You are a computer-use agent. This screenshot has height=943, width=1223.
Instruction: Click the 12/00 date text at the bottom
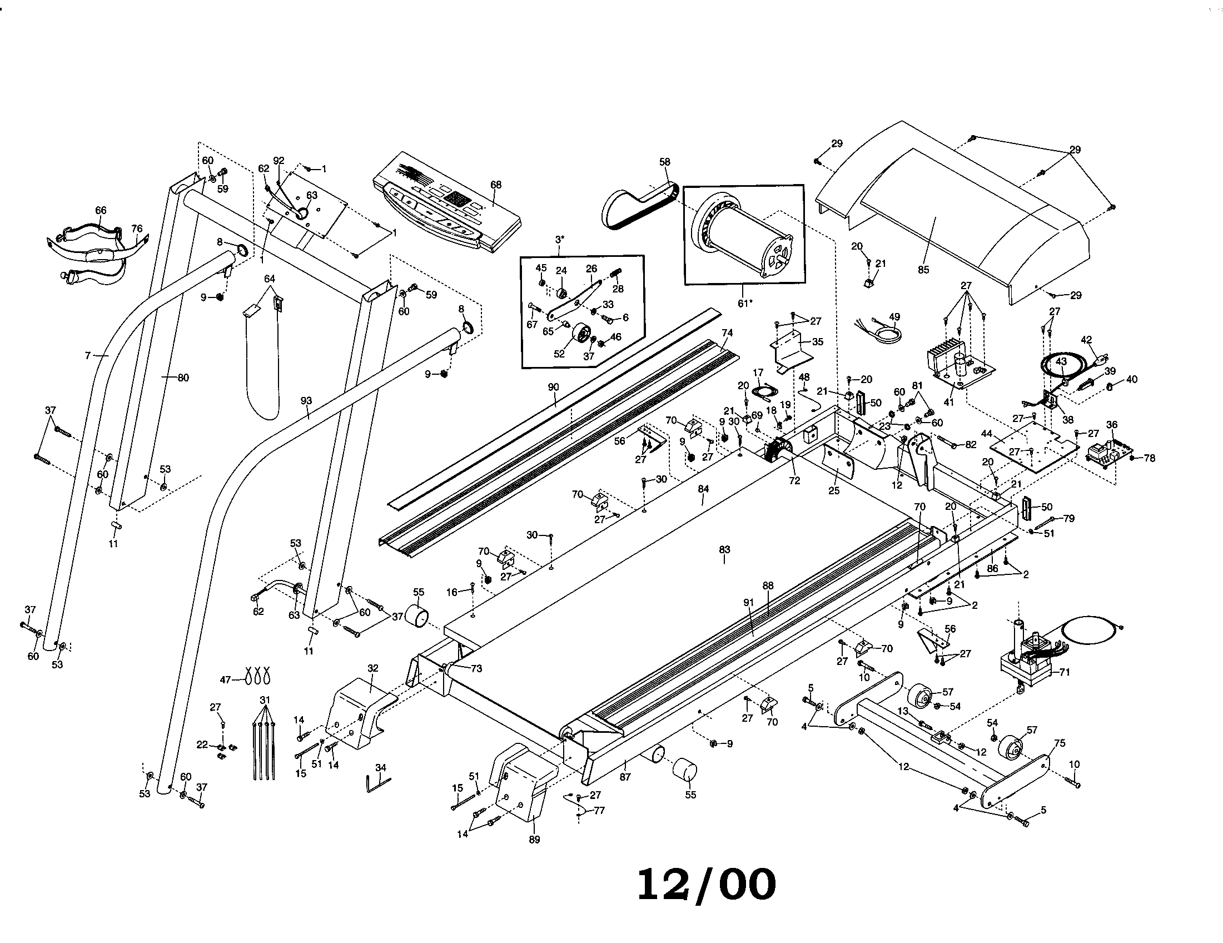707,885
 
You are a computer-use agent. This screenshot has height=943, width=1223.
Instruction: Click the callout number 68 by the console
495,185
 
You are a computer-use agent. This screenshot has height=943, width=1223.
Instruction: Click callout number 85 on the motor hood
923,269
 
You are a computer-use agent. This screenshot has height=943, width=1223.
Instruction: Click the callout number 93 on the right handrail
306,401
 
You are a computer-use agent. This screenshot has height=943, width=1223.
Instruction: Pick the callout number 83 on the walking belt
724,549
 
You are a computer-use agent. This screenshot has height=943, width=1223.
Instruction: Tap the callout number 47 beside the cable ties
225,680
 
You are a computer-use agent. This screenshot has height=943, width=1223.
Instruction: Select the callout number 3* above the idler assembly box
559,240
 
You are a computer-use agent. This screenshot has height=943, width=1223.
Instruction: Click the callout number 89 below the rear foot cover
534,840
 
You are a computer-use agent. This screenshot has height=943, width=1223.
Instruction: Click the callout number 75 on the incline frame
1060,743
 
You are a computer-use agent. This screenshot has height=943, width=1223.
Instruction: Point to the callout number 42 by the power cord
1086,339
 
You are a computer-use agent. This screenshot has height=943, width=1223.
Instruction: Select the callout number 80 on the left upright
183,378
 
